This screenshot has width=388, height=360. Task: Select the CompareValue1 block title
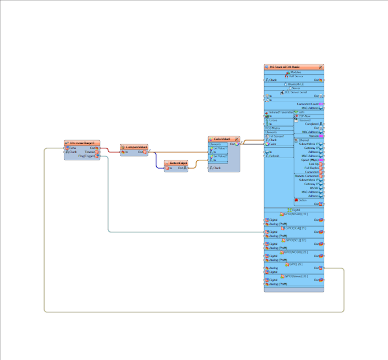pyautogui.click(x=134, y=147)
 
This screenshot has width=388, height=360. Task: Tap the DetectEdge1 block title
pyautogui.click(x=176, y=163)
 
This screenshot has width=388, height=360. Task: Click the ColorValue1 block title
pyautogui.click(x=222, y=139)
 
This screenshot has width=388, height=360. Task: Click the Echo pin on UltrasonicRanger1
pyautogui.click(x=73, y=148)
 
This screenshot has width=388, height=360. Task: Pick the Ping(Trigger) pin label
pyautogui.click(x=86, y=156)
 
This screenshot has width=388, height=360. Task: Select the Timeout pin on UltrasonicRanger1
pyautogui.click(x=90, y=152)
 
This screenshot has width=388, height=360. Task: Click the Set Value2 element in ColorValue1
pyautogui.click(x=220, y=156)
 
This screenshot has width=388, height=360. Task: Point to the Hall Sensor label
pyautogui.click(x=296, y=76)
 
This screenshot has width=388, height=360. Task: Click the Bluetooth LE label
pyautogui.click(x=296, y=84)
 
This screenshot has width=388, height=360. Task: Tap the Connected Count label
pyautogui.click(x=307, y=104)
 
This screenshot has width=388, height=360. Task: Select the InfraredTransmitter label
pyautogui.click(x=281, y=112)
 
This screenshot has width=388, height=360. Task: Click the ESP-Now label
pyautogui.click(x=304, y=116)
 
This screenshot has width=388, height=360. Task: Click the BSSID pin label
pyautogui.click(x=314, y=188)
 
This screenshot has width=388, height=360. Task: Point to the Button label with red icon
pyautogui.click(x=302, y=200)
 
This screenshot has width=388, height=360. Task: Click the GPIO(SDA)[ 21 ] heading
pyautogui.click(x=295, y=228)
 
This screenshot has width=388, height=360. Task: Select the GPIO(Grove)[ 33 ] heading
pyautogui.click(x=295, y=276)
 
